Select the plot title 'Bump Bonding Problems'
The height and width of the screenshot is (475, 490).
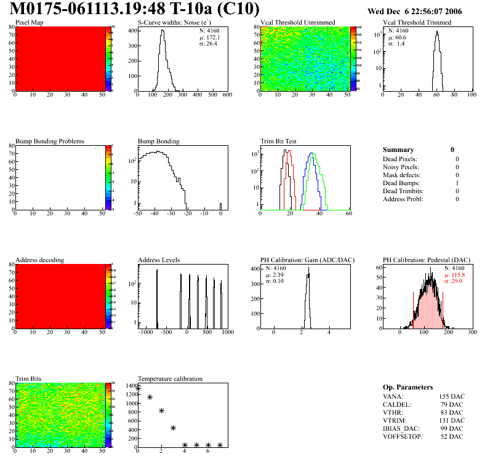click(x=50, y=142)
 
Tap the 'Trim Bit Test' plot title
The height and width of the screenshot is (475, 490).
click(x=279, y=142)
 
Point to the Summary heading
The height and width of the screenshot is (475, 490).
click(x=398, y=150)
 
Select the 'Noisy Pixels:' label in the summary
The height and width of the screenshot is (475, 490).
click(x=401, y=167)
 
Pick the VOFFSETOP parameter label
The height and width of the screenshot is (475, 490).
click(x=403, y=436)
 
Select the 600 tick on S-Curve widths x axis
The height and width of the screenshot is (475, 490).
click(x=227, y=95)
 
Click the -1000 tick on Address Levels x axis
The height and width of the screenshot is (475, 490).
click(x=145, y=332)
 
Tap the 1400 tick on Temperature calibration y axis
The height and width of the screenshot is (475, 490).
click(x=131, y=386)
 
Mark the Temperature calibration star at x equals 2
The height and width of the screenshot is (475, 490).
click(x=161, y=410)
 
